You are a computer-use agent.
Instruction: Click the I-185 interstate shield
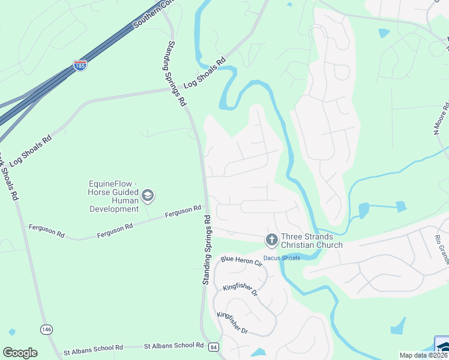80,65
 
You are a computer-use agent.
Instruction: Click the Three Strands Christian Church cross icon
271,240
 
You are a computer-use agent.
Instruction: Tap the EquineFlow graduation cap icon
148,196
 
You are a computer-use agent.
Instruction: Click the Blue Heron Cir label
242,261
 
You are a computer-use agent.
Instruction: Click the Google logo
20,353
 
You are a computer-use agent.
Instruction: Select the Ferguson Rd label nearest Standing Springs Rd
184,211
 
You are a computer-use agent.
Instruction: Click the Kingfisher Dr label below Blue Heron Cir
240,289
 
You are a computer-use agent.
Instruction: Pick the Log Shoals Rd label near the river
205,73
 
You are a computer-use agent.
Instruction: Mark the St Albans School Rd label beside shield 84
174,346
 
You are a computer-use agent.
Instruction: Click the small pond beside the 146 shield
11,331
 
